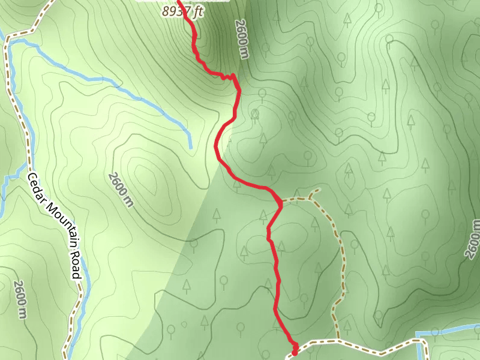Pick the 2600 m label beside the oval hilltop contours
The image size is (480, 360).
point(121,189)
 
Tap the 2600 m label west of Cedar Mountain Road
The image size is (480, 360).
point(20,299)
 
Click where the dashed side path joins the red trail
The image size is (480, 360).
point(281,201)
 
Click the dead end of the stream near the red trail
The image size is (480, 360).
point(190,147)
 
